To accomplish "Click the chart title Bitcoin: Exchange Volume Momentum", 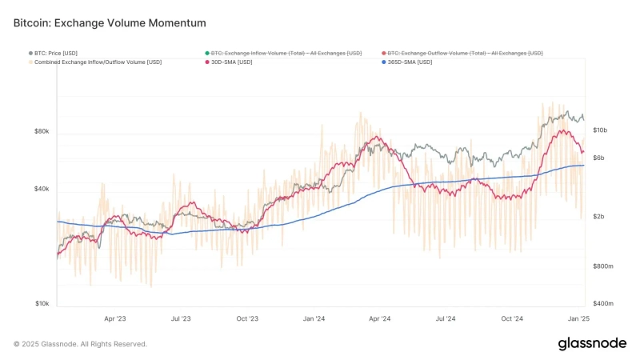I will pos(110,23).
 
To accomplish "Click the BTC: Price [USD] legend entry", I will pos(55,53).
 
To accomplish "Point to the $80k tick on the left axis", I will pos(42,131).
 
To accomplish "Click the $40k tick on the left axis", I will pos(42,189).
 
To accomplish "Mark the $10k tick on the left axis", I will pos(42,303).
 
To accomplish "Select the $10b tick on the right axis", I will pos(600,130).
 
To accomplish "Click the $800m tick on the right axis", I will pos(602,266).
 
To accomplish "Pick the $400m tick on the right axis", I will pos(602,303).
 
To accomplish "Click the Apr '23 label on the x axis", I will pos(115,318).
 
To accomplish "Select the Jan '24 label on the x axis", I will pos(314,318).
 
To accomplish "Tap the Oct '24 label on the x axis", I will pos(511,318).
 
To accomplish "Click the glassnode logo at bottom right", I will pos(592,343).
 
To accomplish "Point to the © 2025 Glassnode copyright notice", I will pos(80,344).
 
